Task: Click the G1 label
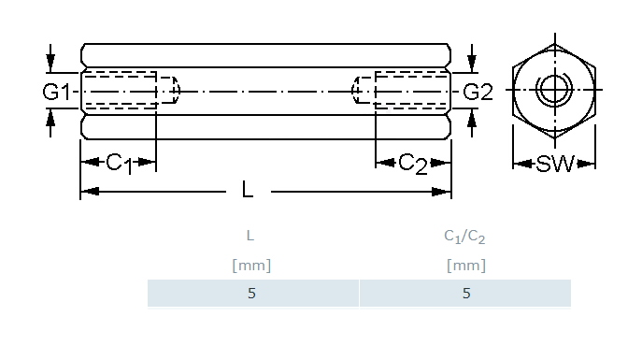[x=56, y=92]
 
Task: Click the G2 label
[x=478, y=92]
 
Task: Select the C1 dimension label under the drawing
[x=120, y=164]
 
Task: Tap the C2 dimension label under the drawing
[x=413, y=164]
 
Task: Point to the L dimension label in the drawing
[x=248, y=190]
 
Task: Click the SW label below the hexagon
[x=555, y=164]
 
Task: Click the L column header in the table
[x=250, y=236]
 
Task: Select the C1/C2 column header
[x=464, y=237]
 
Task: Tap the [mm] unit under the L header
[x=251, y=266]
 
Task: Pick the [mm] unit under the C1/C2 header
[x=466, y=266]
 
